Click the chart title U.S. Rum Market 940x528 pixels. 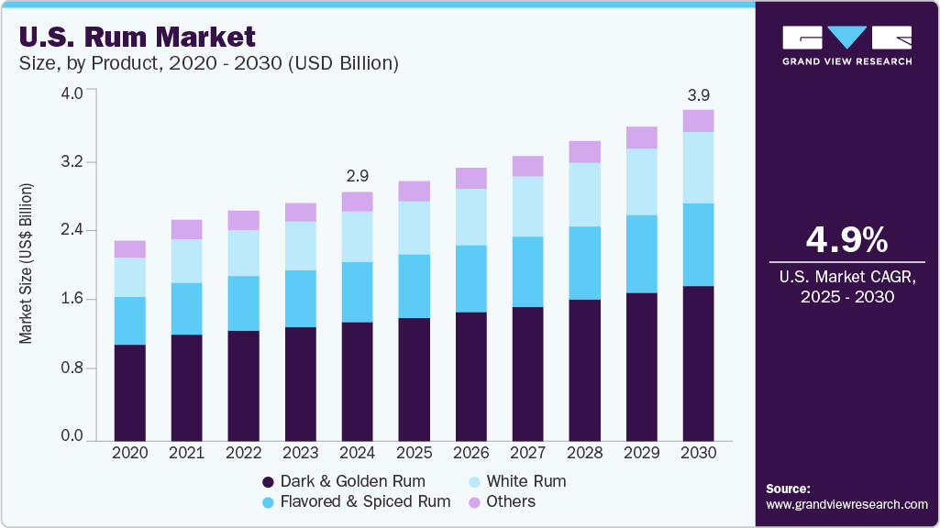(137, 38)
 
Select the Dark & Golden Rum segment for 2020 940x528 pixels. (130, 392)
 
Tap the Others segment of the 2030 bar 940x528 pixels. (699, 121)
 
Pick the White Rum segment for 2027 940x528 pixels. (528, 206)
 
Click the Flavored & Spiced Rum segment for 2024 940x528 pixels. (358, 292)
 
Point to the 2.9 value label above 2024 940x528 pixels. (358, 175)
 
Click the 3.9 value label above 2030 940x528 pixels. (699, 94)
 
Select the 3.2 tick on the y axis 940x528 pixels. (72, 162)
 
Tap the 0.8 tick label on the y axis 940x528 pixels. (72, 368)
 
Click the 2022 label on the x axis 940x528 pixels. (244, 453)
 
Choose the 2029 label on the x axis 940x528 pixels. (642, 453)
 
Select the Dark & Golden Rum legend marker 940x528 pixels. (269, 482)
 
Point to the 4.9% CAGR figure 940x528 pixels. (846, 240)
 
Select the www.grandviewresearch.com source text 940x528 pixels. (846, 504)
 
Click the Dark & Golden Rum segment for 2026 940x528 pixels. (471, 376)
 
